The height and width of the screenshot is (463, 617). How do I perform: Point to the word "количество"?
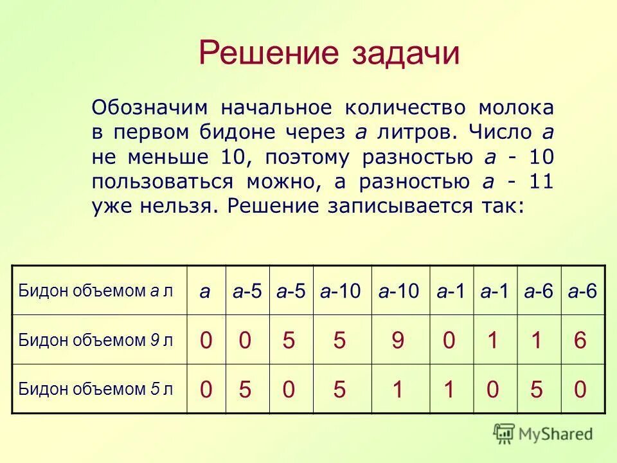click(x=400, y=107)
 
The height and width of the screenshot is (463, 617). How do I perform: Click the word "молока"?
click(x=515, y=107)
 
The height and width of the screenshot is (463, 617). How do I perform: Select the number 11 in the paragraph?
click(x=540, y=182)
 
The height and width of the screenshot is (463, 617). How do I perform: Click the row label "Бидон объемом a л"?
click(x=96, y=291)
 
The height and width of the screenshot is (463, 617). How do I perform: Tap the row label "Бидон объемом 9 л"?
click(x=96, y=340)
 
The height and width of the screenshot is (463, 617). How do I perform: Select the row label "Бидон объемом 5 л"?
click(x=96, y=388)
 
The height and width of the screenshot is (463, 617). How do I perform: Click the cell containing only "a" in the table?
click(x=205, y=291)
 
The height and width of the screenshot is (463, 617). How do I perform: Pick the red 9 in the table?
click(x=398, y=340)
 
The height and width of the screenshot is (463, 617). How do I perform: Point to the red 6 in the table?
click(x=580, y=340)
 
